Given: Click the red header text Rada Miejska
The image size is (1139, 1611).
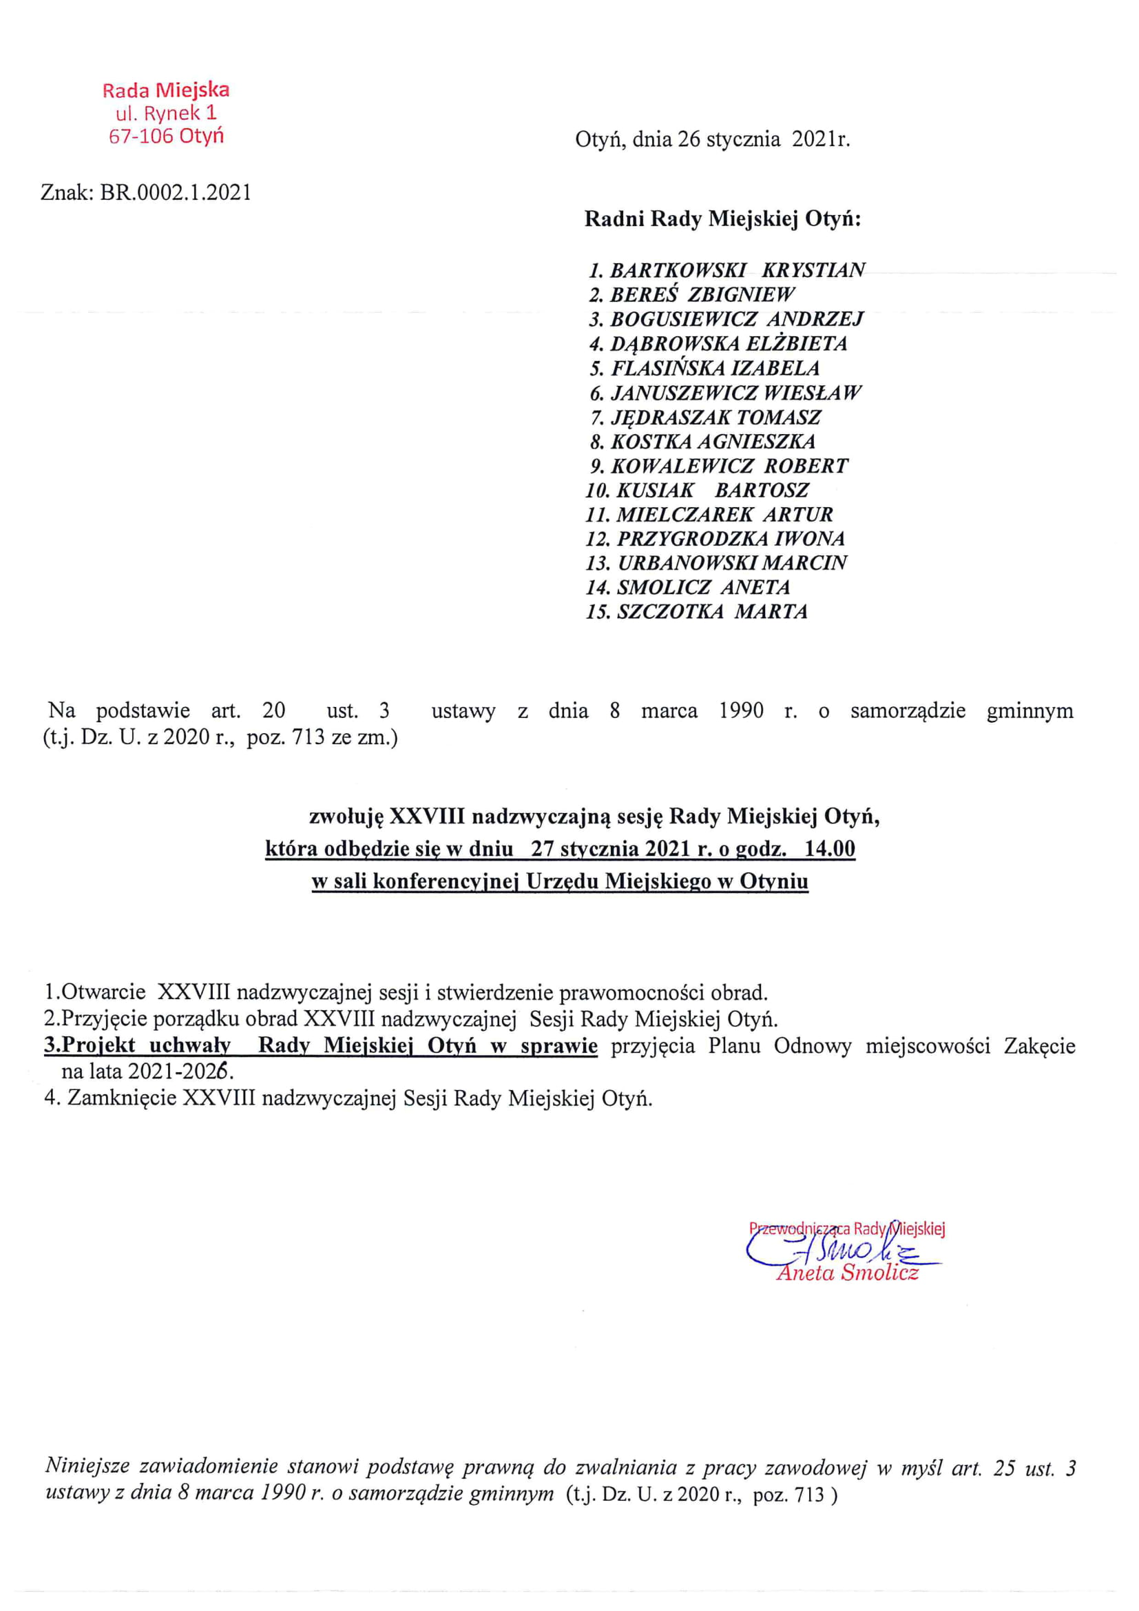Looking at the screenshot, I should point(165,90).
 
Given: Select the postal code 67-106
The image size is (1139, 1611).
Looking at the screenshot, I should point(140,136).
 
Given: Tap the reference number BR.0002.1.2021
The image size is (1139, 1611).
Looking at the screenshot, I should point(176,192).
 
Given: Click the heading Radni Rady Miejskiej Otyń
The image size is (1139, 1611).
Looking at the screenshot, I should point(722,220).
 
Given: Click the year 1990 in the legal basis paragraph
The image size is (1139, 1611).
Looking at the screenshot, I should point(741,711).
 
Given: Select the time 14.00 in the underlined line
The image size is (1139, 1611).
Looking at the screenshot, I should point(830,849).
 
